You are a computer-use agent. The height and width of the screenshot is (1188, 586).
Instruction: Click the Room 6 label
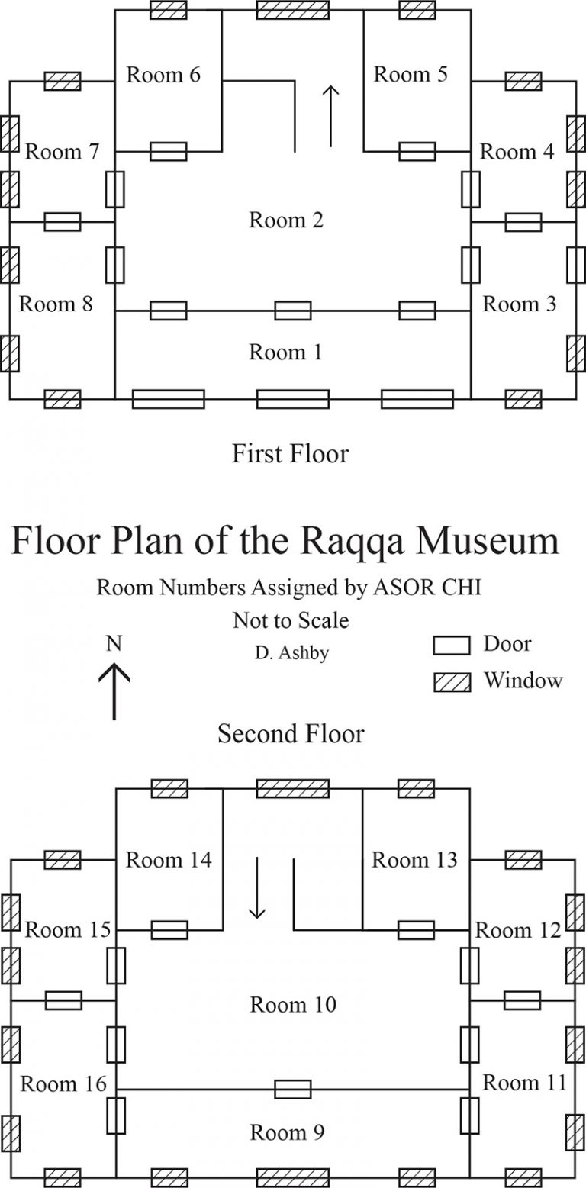pyautogui.click(x=163, y=75)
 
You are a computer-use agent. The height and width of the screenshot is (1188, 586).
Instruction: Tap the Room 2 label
pyautogui.click(x=286, y=220)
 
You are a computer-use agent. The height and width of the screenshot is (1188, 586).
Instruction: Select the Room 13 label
pyautogui.click(x=414, y=860)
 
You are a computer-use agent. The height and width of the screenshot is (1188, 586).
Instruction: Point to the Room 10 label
pyautogui.click(x=293, y=1004)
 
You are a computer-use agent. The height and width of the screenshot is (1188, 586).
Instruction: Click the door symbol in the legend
pyautogui.click(x=452, y=646)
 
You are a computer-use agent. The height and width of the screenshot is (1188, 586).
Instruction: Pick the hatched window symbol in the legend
pyautogui.click(x=452, y=683)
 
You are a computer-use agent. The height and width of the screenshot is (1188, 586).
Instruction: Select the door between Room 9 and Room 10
pyautogui.click(x=293, y=1090)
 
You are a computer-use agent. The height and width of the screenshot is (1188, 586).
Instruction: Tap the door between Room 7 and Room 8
pyautogui.click(x=63, y=222)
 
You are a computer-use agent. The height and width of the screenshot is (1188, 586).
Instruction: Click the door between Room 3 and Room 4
pyautogui.click(x=523, y=222)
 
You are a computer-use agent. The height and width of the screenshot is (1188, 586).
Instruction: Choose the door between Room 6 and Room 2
pyautogui.click(x=169, y=152)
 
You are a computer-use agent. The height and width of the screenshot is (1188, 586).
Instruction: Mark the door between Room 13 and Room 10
pyautogui.click(x=417, y=930)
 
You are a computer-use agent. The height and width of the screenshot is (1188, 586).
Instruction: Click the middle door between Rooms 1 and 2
pyautogui.click(x=293, y=311)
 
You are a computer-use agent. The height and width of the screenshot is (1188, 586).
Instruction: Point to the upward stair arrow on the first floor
pyautogui.click(x=331, y=116)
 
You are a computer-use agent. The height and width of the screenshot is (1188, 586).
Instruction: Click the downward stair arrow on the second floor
pyautogui.click(x=257, y=887)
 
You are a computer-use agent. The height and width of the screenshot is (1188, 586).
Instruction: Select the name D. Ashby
pyautogui.click(x=291, y=653)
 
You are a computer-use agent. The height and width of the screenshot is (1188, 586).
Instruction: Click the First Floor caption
pyautogui.click(x=291, y=453)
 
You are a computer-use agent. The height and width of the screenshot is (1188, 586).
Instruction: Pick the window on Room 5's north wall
pyautogui.click(x=417, y=10)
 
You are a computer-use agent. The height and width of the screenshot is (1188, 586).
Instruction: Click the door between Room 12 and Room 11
pyautogui.click(x=523, y=1000)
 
